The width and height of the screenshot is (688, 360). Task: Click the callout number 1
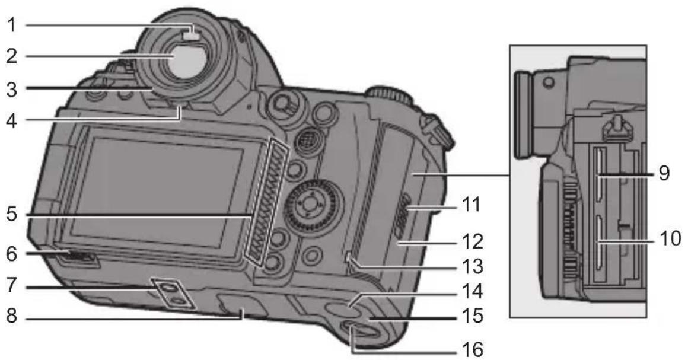click(x=12, y=24)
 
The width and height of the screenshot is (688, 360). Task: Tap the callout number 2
click(x=12, y=56)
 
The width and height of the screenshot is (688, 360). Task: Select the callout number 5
click(x=12, y=215)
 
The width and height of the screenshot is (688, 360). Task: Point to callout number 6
click(x=12, y=253)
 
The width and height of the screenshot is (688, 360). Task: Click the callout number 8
click(x=12, y=316)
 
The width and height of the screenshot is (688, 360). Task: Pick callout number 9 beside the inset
click(x=664, y=173)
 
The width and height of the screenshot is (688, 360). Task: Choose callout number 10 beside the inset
click(x=670, y=239)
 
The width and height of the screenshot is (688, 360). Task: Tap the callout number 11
click(x=470, y=205)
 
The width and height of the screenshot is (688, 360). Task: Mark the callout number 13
click(x=472, y=266)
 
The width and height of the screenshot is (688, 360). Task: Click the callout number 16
click(x=472, y=350)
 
